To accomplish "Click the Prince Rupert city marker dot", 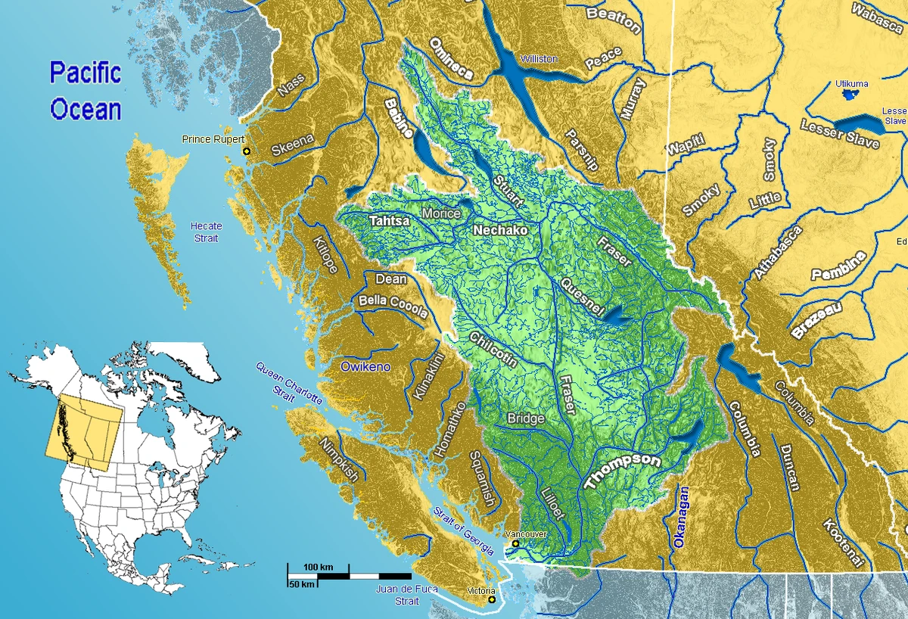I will click(245, 152).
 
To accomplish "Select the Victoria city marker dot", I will click(492, 600).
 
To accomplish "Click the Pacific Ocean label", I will click(86, 92).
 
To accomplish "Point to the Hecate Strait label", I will click(206, 232).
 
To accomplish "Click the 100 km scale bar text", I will click(319, 567).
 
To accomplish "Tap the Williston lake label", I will click(538, 59).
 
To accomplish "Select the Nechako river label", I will click(500, 229).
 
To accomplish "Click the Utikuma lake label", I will click(852, 83).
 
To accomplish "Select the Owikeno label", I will click(365, 367).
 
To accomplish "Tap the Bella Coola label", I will click(393, 306).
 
